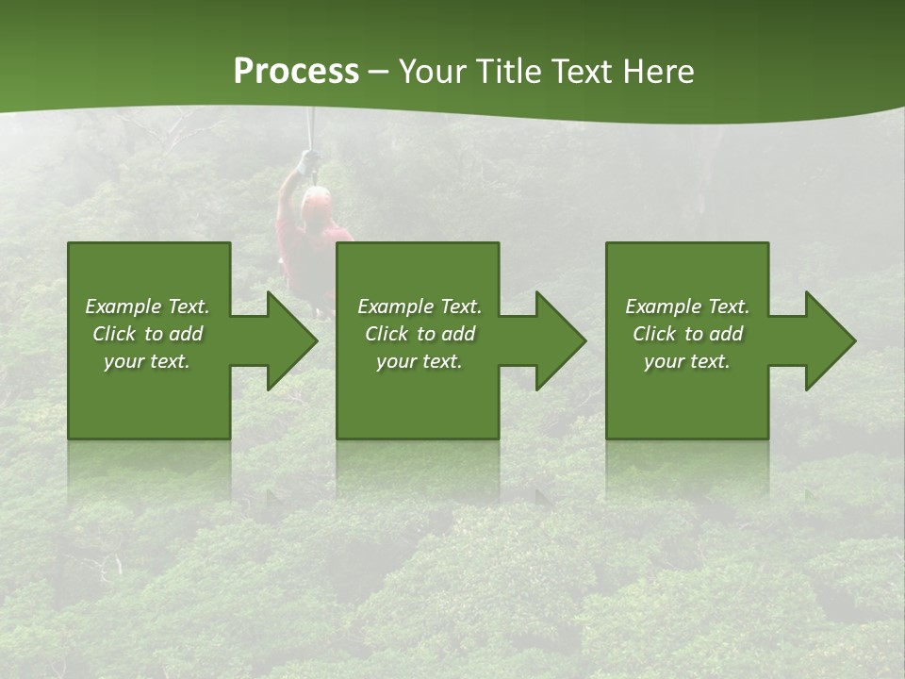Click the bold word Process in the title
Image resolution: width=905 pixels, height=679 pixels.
[296, 72]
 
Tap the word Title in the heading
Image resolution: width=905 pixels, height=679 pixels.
[507, 72]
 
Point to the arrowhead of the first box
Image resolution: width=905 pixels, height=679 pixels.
[288, 340]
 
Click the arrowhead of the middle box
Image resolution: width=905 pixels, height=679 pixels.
[557, 340]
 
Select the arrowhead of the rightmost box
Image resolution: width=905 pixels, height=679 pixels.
[827, 340]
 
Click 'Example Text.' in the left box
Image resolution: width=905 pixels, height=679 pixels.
[147, 306]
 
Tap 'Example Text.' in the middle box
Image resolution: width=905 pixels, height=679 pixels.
[420, 306]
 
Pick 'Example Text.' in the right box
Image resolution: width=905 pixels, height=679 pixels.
[687, 306]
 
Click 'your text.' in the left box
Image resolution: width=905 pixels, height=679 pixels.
[147, 361]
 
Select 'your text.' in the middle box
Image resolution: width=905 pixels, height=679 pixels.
[420, 361]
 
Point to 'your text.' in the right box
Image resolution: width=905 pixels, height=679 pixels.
[687, 361]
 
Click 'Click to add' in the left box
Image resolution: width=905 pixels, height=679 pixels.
[147, 334]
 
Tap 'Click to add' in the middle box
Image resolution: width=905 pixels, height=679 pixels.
[420, 334]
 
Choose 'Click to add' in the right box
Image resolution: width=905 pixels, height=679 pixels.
[687, 334]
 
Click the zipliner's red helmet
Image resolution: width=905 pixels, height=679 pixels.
[316, 197]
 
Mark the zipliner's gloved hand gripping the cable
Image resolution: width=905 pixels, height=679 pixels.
[307, 160]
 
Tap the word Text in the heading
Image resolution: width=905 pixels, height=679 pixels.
[584, 72]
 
